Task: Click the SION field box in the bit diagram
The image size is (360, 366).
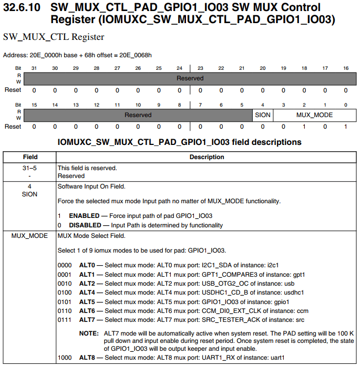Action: coord(262,114)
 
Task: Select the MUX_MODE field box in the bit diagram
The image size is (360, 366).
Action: coord(314,114)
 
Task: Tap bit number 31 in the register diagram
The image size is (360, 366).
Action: coord(34,69)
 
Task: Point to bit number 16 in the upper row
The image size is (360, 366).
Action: coord(346,69)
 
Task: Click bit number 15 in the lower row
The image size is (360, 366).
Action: coord(34,105)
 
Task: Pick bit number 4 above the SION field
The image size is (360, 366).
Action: coord(262,105)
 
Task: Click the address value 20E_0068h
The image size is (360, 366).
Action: coord(135,55)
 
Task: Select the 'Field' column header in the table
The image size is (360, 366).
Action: coord(30,157)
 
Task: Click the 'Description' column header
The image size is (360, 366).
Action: coord(207,157)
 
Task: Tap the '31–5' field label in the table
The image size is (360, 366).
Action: coord(30,168)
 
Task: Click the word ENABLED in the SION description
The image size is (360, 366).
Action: coord(84,216)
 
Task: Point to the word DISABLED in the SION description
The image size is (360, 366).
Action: coord(86,225)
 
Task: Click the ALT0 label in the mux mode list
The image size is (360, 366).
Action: coord(87,265)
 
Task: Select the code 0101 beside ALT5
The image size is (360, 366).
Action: coord(65,302)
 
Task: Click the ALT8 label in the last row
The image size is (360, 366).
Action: coord(87,358)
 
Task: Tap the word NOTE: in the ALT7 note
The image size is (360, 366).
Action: coord(88,333)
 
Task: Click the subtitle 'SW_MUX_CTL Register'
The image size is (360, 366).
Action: coord(54,37)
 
